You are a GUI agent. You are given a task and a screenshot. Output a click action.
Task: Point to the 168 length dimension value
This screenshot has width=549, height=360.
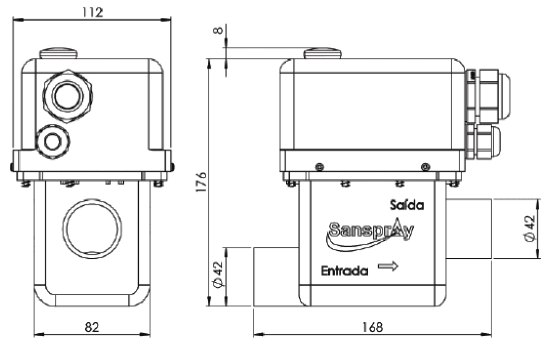372,327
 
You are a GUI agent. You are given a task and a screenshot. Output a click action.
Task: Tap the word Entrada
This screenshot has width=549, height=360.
344,271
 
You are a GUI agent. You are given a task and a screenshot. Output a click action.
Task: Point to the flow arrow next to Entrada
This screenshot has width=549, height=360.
388,266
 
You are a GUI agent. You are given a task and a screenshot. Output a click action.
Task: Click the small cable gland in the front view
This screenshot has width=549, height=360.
52,142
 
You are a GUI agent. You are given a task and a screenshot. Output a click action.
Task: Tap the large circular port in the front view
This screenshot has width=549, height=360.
92,229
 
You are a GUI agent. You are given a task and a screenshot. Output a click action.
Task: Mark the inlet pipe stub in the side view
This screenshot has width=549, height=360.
276,276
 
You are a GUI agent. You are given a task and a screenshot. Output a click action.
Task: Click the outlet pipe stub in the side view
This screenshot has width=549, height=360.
469,229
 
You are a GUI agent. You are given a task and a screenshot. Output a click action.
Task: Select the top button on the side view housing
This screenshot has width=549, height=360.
323,53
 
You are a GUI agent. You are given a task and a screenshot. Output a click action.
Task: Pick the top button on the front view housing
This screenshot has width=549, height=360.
58,52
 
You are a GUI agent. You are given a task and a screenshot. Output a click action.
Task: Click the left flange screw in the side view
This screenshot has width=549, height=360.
320,166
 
